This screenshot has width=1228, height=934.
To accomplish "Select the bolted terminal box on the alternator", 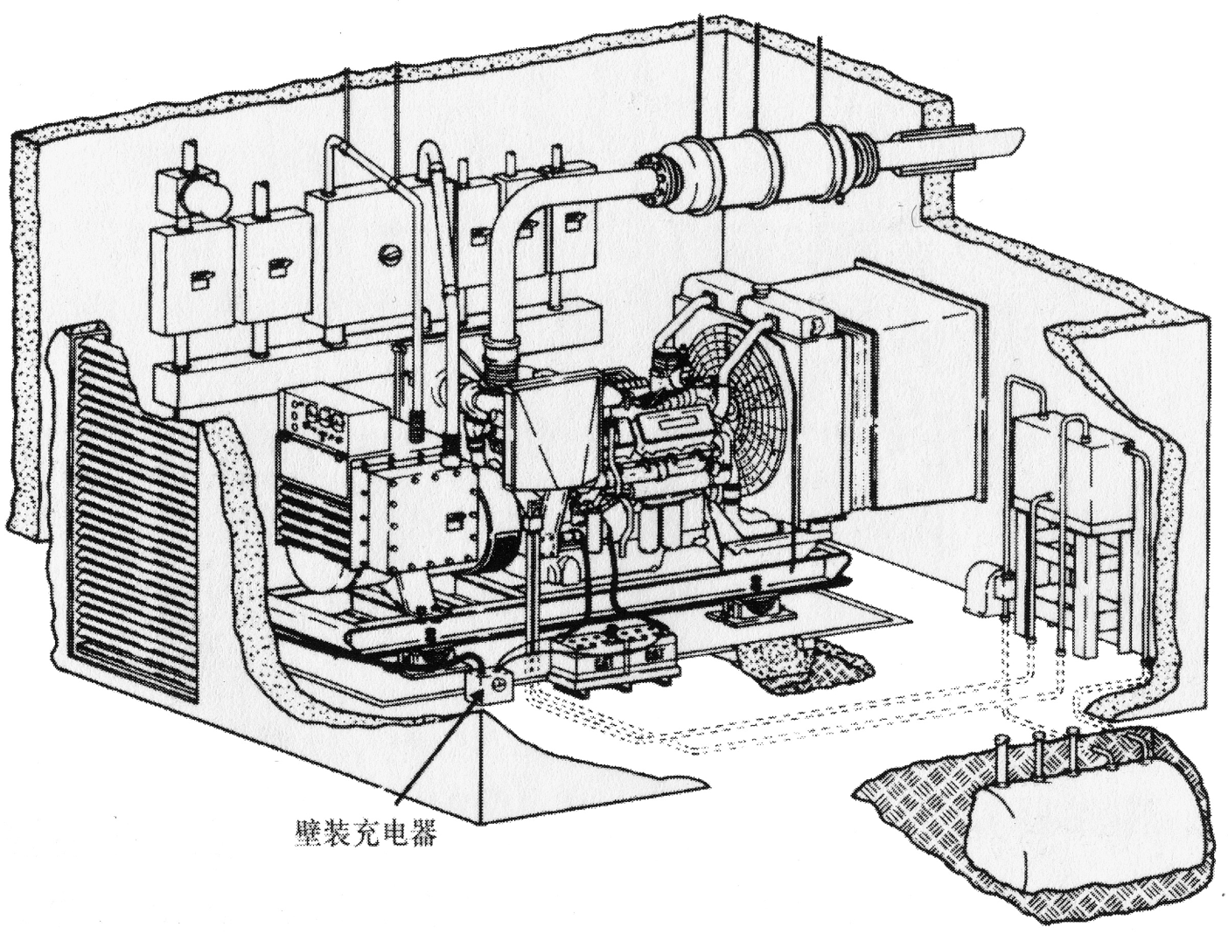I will (x=424, y=516).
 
